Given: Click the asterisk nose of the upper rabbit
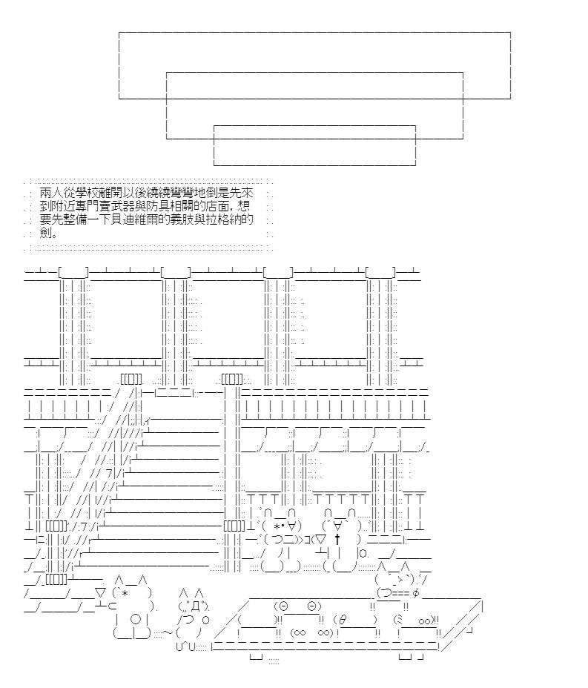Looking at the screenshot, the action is pos(278,526).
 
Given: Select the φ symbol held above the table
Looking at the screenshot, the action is pos(415,593).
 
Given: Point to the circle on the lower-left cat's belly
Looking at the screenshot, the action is pos(136,620).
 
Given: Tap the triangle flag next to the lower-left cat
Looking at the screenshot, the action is pos(100,593).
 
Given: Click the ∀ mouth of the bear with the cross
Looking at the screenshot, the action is pos(338,525).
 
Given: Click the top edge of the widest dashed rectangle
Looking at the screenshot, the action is pos(314,32).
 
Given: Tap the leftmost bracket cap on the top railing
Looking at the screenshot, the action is pos(73,273).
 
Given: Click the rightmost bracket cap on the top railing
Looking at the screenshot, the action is pos(381,273).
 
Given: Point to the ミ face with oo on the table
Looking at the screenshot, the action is pos(416,620).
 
